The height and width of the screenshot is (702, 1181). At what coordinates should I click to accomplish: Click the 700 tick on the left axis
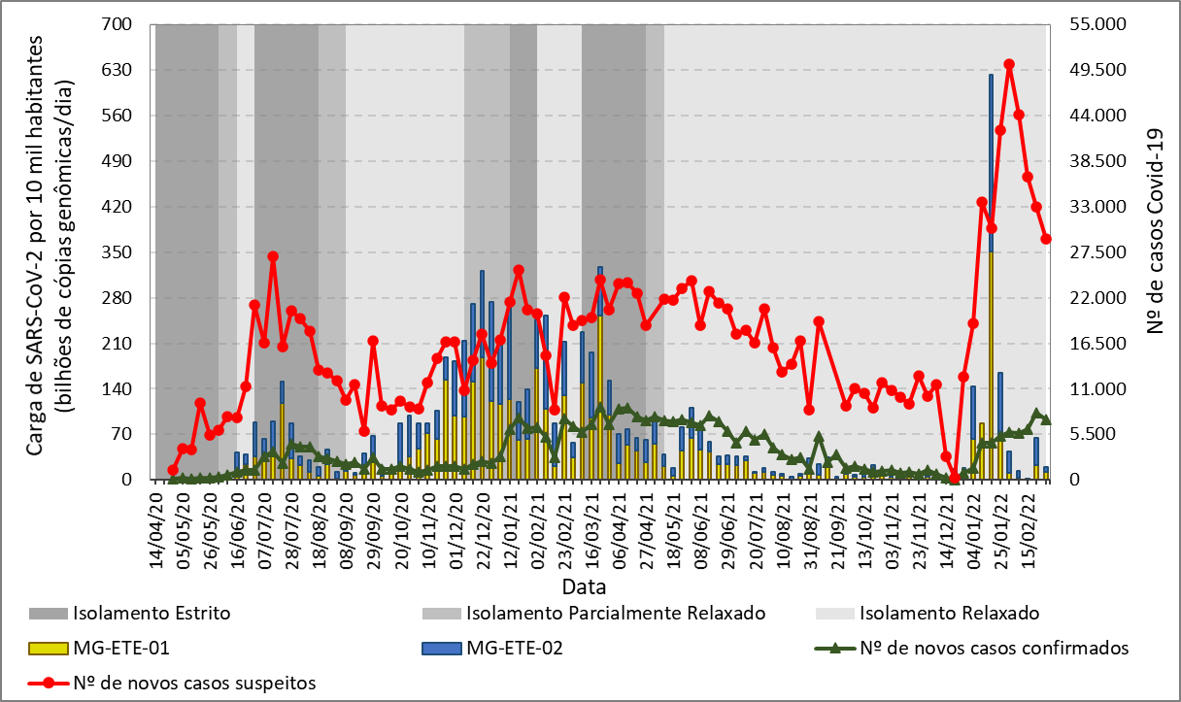tap(129, 24)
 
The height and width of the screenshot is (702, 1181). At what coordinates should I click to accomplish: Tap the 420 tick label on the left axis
tap(129, 207)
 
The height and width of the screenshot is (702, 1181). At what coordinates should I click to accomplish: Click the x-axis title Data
tap(584, 586)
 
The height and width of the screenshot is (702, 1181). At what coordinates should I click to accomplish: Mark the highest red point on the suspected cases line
tap(1009, 65)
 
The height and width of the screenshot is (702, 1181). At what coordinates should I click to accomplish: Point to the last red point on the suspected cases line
tap(1046, 239)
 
